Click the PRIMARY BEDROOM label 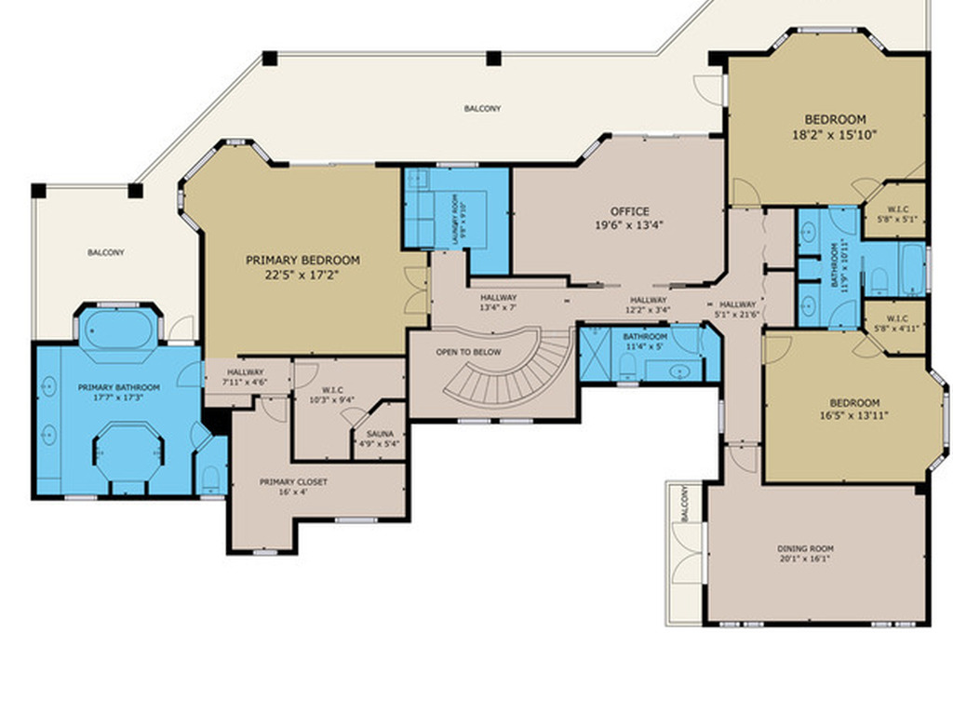302,261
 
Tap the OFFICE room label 629,211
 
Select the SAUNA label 379,434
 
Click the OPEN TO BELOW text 468,352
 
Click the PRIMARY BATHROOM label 118,387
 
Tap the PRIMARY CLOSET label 293,482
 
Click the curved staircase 521,372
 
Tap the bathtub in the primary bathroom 118,328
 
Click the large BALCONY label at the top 482,109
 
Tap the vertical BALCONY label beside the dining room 685,504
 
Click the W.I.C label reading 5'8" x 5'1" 897,214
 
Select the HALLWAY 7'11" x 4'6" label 246,374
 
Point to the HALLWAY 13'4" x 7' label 498,303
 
